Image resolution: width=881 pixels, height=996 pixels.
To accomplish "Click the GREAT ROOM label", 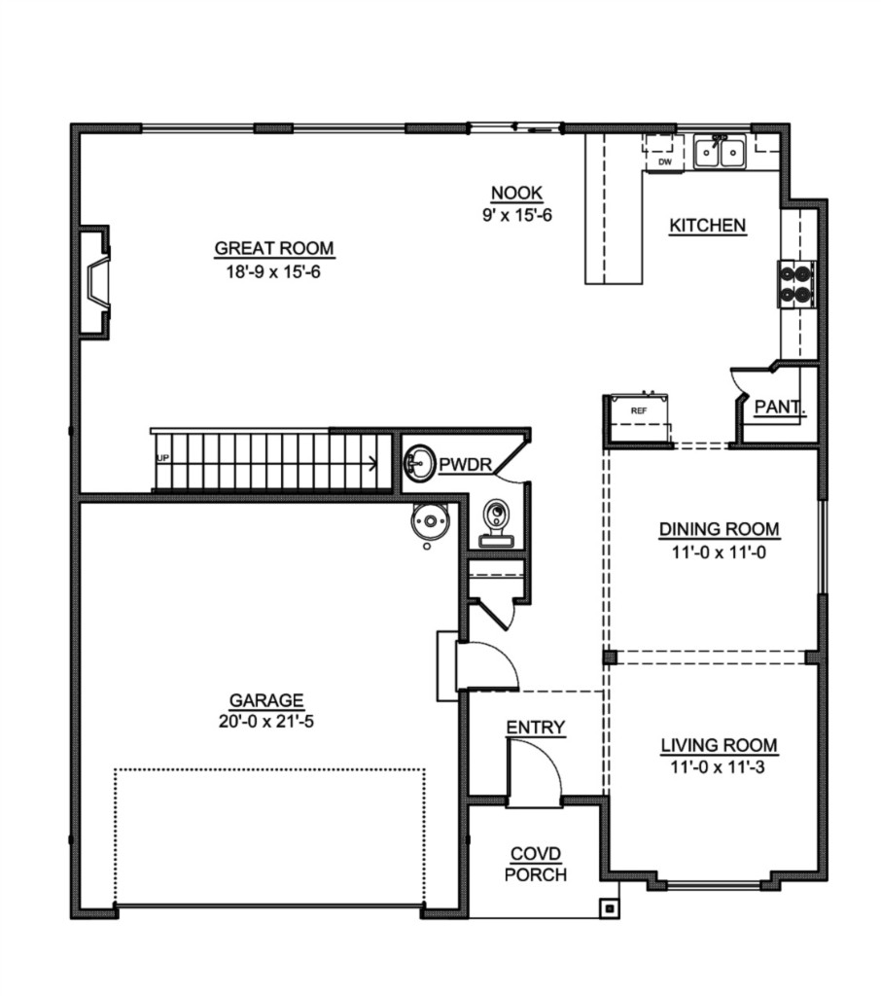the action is [x=274, y=248].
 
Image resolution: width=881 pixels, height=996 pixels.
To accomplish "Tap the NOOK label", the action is [x=517, y=193].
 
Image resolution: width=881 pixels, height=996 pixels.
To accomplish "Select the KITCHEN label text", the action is [x=708, y=226].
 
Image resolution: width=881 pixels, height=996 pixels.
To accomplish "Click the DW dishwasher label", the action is [x=665, y=162].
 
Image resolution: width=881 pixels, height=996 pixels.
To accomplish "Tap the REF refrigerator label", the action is [x=638, y=411].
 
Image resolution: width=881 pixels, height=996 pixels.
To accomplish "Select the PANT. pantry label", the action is [x=779, y=407].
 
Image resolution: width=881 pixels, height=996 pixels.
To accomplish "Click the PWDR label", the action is [x=466, y=464].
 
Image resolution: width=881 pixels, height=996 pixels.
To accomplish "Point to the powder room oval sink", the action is [x=418, y=463].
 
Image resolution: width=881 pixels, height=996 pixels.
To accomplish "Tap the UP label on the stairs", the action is [x=162, y=458].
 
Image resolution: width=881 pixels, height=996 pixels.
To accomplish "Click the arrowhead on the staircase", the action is [x=372, y=463].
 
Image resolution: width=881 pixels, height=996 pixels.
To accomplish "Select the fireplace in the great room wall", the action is [x=94, y=281].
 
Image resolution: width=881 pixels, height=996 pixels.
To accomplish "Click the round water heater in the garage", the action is [x=430, y=521].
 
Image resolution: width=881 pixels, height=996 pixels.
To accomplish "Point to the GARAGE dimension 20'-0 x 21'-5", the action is [x=266, y=722].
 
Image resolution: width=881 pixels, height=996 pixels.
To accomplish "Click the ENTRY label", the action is [x=536, y=728].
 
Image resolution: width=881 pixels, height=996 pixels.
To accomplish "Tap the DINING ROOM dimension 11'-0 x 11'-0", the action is [x=719, y=552].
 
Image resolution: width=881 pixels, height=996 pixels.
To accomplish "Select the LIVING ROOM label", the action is [x=719, y=745].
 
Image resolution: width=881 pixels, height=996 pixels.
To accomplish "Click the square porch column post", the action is [x=609, y=909].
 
